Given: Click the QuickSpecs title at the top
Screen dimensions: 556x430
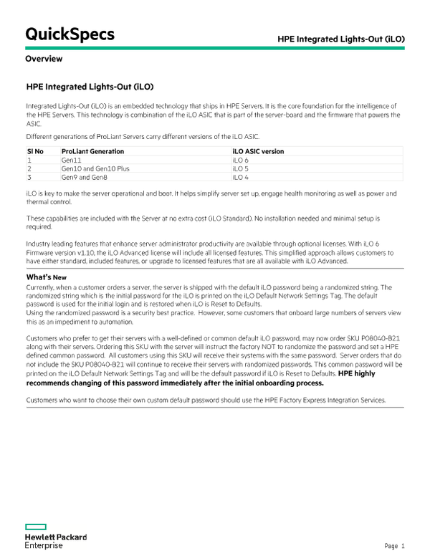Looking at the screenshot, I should [70, 34].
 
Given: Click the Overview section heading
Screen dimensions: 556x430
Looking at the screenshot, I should [44, 59].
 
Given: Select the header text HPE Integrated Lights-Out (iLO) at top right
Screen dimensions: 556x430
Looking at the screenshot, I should [340, 37].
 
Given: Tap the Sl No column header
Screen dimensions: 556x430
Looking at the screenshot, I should [35, 152].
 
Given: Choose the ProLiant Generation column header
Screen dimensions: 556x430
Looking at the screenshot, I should [92, 152].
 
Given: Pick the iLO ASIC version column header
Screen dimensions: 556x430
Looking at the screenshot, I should [258, 152].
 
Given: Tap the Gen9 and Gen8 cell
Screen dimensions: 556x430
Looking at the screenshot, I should [82, 177].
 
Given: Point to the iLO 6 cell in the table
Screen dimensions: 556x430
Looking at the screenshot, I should [241, 160].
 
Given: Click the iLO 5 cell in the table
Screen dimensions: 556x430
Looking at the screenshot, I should [241, 168].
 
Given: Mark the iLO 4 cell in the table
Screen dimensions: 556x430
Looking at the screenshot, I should [241, 177].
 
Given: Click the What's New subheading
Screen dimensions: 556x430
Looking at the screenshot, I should [46, 277].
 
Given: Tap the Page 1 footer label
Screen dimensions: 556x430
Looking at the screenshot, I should [394, 546].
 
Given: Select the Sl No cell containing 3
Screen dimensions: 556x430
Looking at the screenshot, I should [29, 177].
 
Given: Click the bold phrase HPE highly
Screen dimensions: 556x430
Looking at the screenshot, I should [356, 374].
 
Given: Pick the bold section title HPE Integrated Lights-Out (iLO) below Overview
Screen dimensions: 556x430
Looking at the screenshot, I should [90, 87].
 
